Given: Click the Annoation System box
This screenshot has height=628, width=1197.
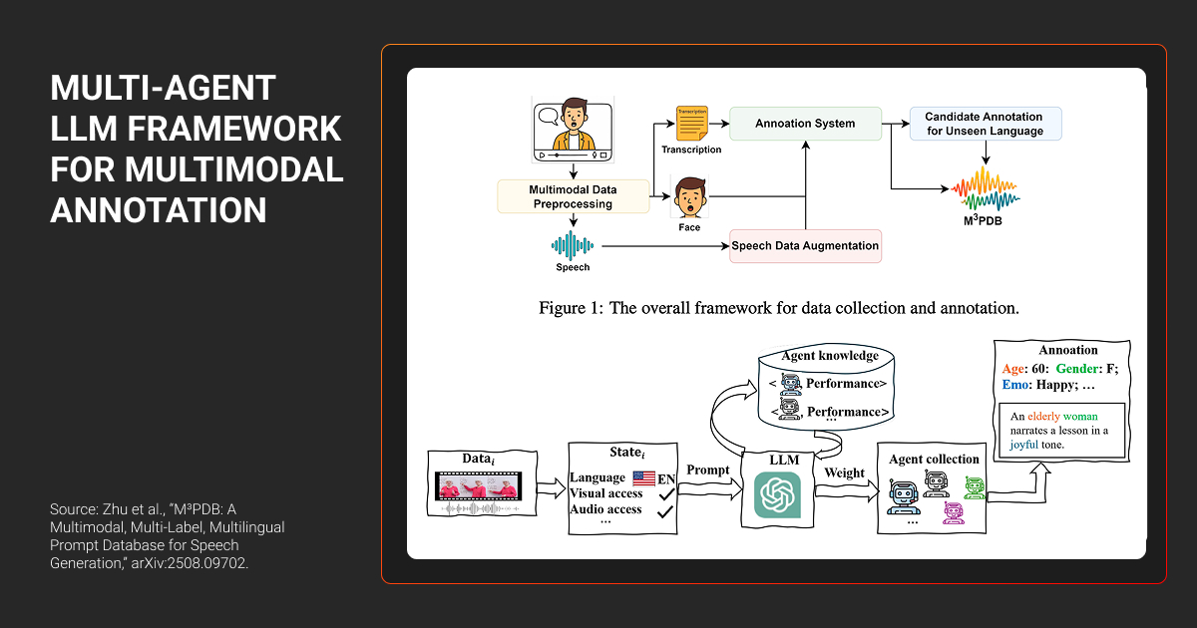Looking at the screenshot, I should [805, 124].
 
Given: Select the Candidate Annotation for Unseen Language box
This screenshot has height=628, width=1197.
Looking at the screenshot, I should [986, 124].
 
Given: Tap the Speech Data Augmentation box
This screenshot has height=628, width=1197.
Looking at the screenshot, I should [805, 245].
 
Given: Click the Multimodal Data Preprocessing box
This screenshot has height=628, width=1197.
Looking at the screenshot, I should [573, 195].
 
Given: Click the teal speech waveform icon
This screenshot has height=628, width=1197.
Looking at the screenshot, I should [573, 244].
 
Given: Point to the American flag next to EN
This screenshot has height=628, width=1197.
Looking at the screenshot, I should [643, 478].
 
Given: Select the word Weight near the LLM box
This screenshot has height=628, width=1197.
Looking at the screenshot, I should [844, 472].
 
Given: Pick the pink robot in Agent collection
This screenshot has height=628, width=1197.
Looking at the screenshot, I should [952, 512].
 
